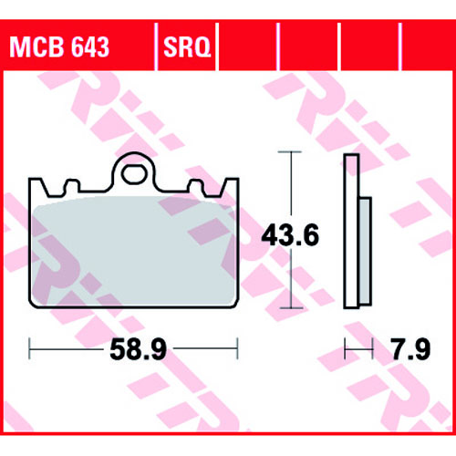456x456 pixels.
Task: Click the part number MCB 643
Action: point(59,47)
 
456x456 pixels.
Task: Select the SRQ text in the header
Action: point(187,47)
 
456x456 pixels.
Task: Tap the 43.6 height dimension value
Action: point(290,234)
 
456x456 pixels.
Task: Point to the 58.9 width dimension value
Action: point(138,349)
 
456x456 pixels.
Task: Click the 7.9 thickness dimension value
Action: point(411,349)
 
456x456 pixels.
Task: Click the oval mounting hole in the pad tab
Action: point(133,174)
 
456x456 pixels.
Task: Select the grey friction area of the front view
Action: point(134,251)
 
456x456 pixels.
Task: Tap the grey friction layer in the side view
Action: point(366,251)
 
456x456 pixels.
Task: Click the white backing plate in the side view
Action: point(352,231)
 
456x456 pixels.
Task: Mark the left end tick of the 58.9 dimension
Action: point(29,348)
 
